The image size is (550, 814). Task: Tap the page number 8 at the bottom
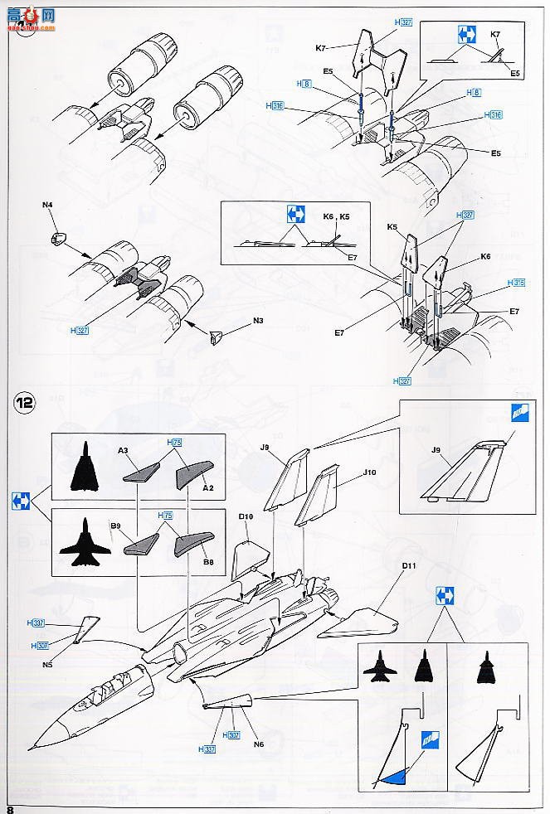pos(11,807)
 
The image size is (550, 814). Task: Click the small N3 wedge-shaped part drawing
pos(218,337)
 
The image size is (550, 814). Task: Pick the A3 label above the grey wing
pos(124,450)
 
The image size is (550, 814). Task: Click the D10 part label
pos(246,517)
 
